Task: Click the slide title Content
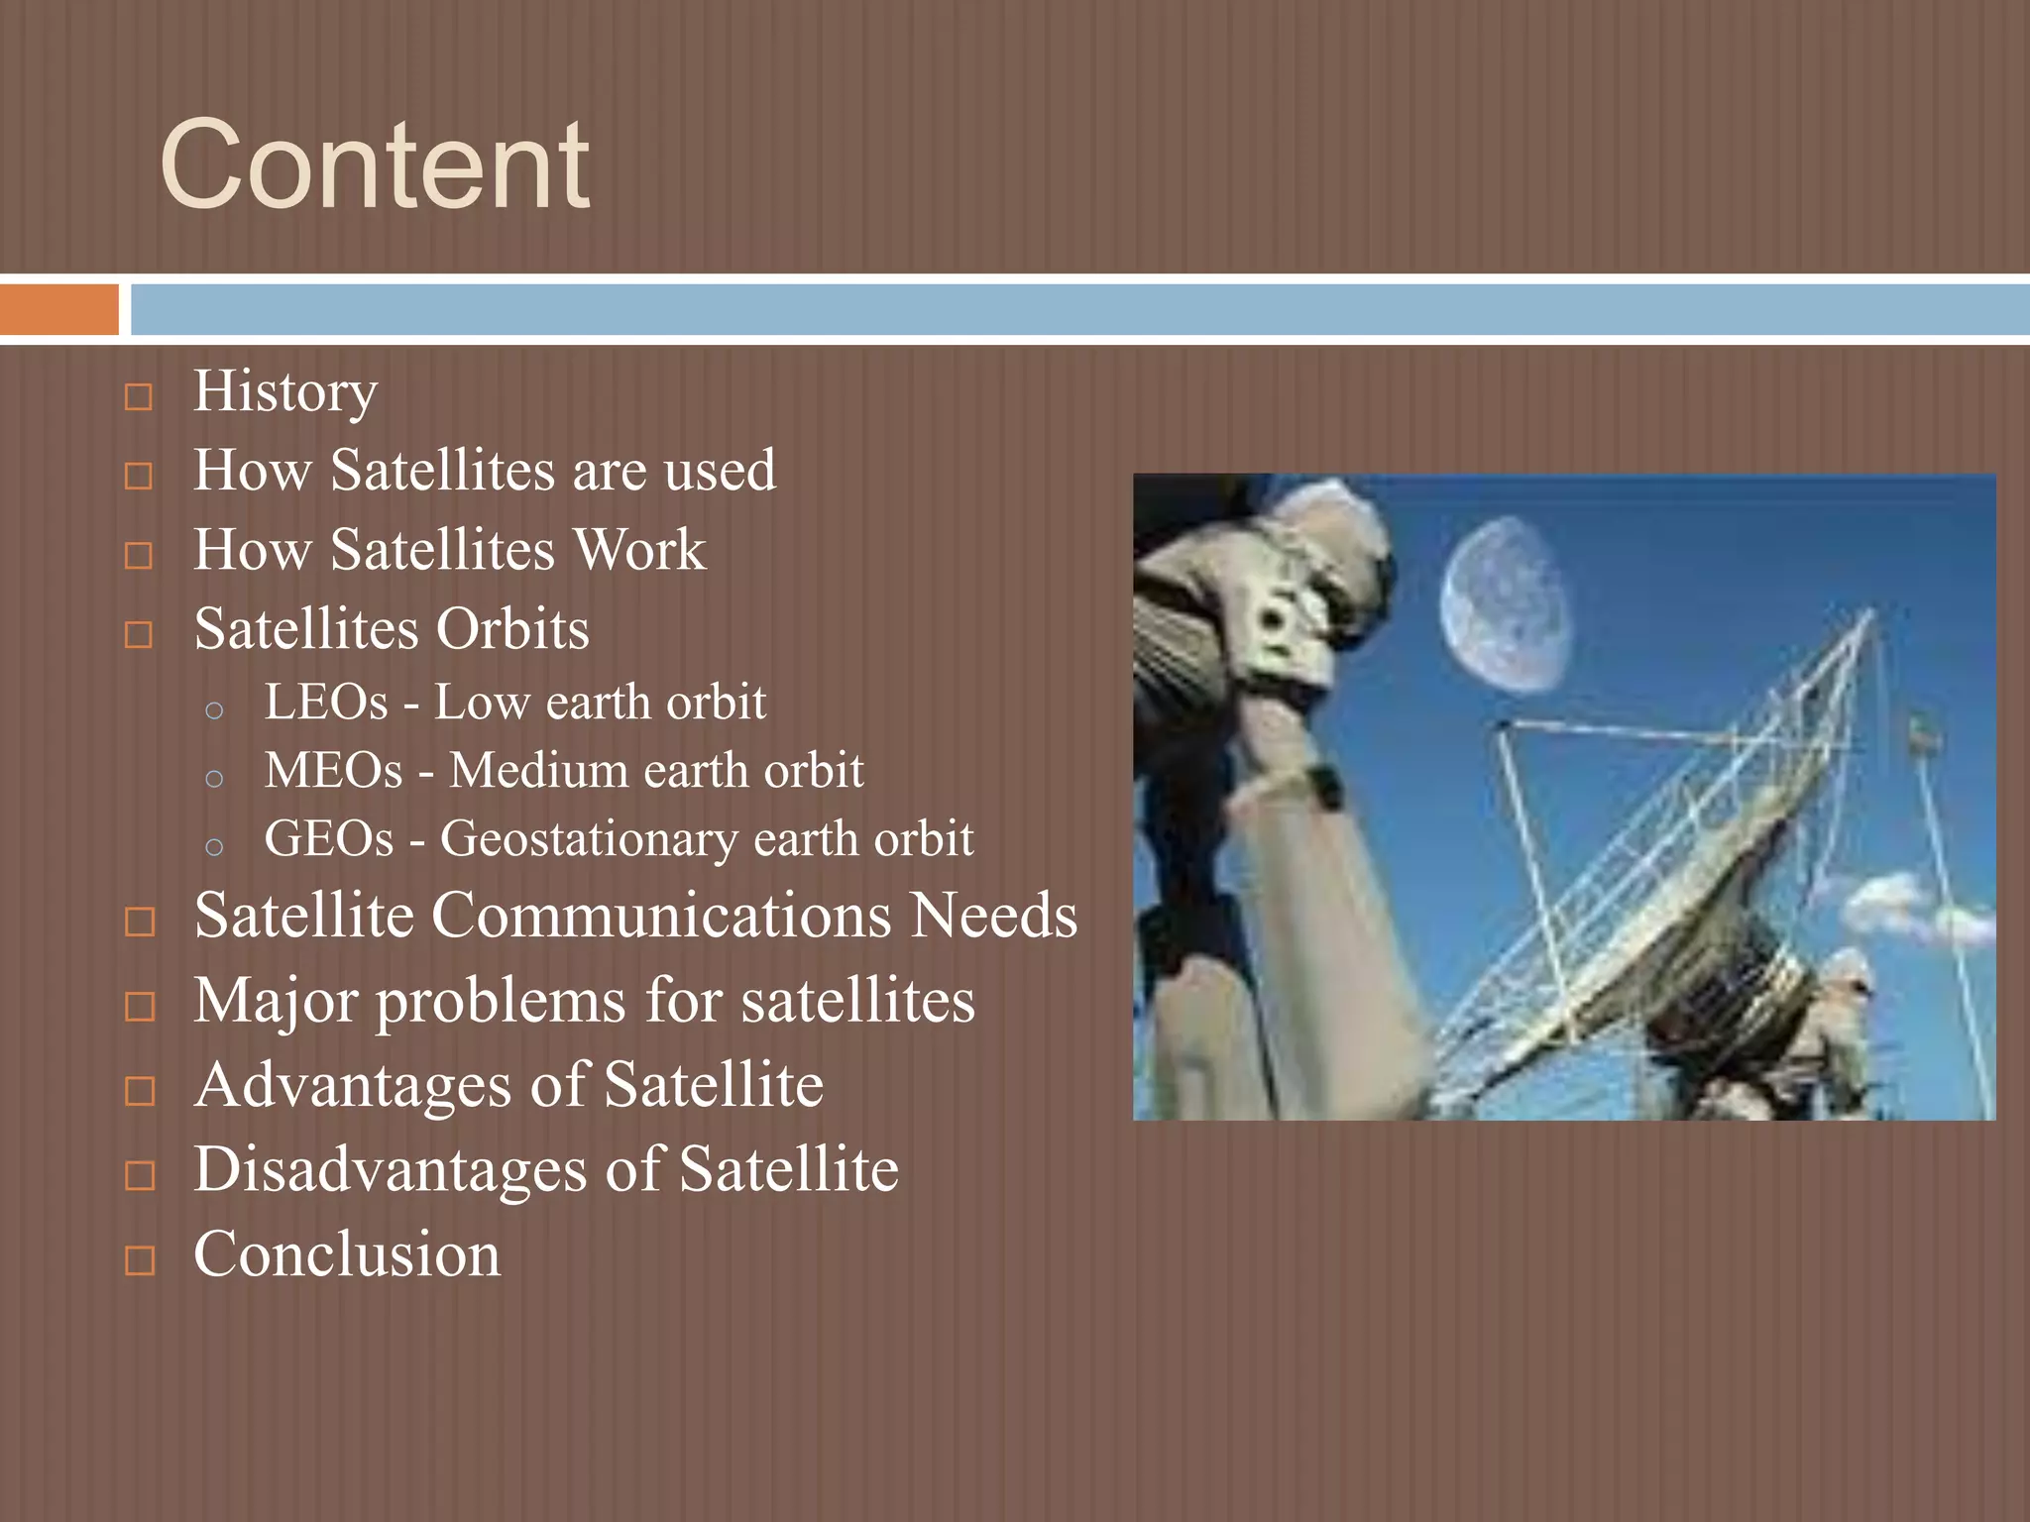pos(375,165)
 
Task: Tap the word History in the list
pos(285,392)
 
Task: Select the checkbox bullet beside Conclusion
pos(140,1260)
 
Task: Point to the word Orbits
pos(512,629)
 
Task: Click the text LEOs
pos(326,703)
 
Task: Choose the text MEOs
pos(334,771)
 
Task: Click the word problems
pos(501,1001)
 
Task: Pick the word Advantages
pos(353,1085)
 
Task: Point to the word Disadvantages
pos(390,1170)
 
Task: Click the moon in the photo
pos(1505,604)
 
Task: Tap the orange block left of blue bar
pos(58,310)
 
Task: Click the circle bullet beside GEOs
pos(214,846)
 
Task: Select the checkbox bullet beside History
pos(139,397)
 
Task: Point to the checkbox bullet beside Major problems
pos(140,1007)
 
